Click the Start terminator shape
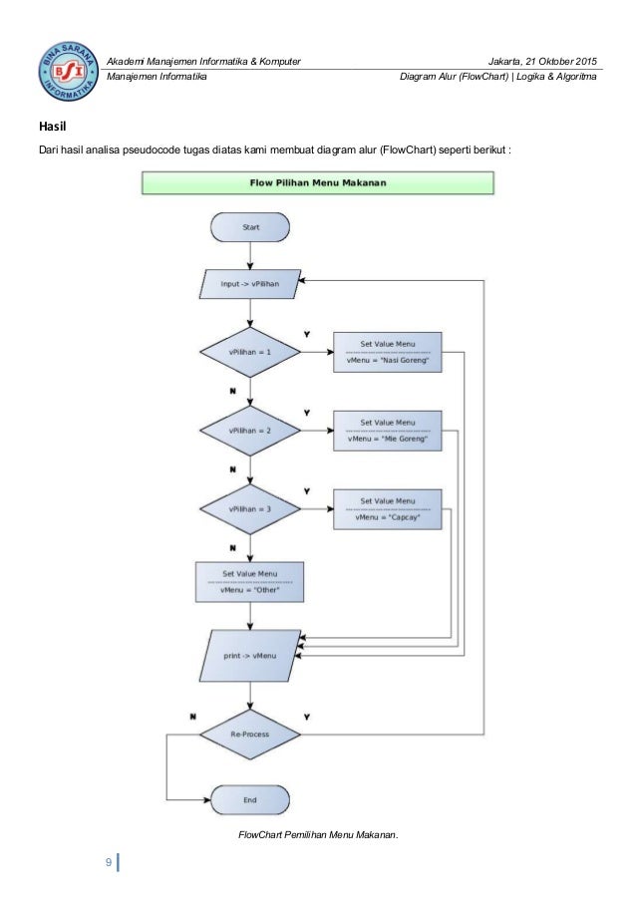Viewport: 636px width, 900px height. tap(250, 227)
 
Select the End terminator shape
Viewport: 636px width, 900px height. tap(250, 799)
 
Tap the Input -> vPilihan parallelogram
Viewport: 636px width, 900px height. tap(250, 283)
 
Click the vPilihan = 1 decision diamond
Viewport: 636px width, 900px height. tap(250, 352)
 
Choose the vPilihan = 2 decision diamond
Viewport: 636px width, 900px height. tap(250, 431)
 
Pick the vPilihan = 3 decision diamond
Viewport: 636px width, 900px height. tap(250, 509)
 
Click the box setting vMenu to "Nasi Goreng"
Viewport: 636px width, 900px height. tap(388, 352)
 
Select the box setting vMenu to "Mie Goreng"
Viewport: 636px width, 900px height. tap(388, 431)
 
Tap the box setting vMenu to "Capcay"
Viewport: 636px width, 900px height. tap(388, 509)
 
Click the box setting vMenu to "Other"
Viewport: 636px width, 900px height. tap(249, 582)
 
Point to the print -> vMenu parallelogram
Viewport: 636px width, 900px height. tap(250, 656)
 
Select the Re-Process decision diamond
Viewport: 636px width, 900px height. tap(250, 735)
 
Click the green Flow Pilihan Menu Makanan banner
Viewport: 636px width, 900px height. tap(318, 183)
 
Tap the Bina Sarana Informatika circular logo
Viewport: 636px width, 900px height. tap(68, 71)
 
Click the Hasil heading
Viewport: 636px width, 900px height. tap(52, 127)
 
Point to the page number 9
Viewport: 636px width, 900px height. tap(109, 862)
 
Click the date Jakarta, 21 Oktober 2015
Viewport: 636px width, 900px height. tap(542, 62)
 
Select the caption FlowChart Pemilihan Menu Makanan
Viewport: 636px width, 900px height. tap(318, 834)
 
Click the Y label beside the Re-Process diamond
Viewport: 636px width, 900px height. tap(307, 717)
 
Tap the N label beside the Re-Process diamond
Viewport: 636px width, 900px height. tap(192, 717)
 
